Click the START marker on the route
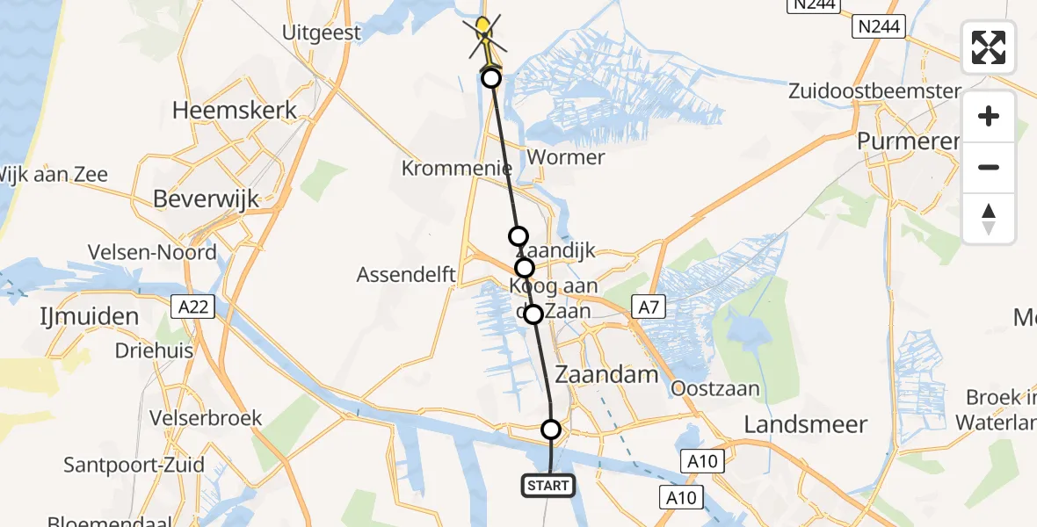[549, 485]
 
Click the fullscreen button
[989, 47]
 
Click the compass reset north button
[989, 219]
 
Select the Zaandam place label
[606, 375]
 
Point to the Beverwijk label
[206, 199]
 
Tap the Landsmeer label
[805, 424]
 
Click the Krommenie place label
[457, 168]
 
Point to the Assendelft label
[406, 275]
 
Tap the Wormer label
[568, 158]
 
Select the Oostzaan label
[714, 387]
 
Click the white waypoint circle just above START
[550, 430]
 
